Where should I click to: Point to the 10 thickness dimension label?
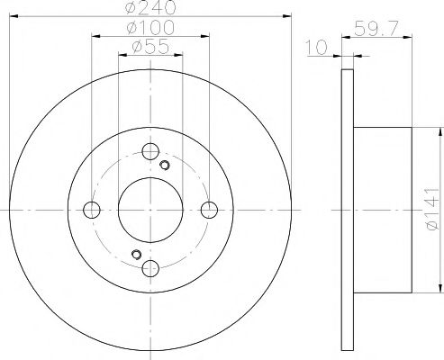pyautogui.click(x=314, y=48)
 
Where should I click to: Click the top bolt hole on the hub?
pyautogui.click(x=150, y=152)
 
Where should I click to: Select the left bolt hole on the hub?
pyautogui.click(x=91, y=210)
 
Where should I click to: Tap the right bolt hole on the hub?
pyautogui.click(x=209, y=210)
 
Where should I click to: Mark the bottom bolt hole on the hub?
pyautogui.click(x=150, y=268)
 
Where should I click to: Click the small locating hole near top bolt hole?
pyautogui.click(x=164, y=165)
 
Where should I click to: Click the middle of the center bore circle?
pyautogui.click(x=150, y=210)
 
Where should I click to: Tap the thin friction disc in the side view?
pyautogui.click(x=349, y=210)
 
